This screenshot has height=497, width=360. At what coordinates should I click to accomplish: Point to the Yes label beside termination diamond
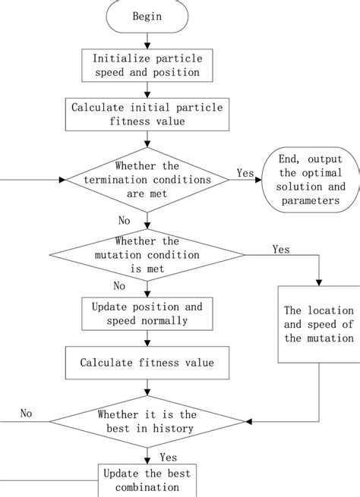click(245, 173)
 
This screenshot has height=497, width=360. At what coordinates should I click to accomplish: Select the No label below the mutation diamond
click(119, 285)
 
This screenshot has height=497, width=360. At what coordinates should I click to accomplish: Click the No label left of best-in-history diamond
click(27, 414)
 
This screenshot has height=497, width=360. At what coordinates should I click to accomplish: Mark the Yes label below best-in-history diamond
click(168, 457)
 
